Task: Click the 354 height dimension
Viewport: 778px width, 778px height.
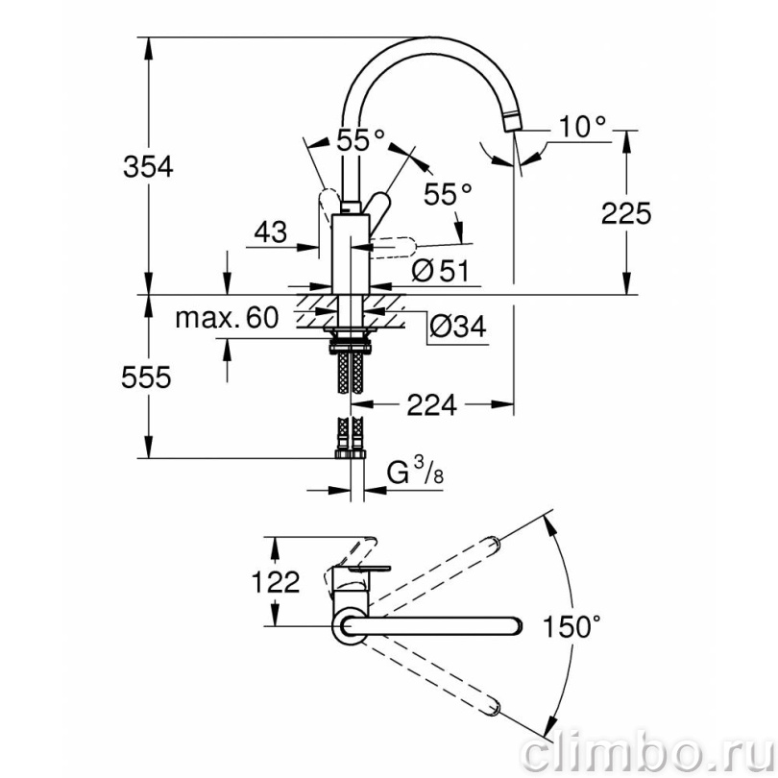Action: [148, 167]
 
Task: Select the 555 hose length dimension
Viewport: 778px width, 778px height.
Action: [146, 377]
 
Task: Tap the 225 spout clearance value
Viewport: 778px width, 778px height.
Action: [626, 214]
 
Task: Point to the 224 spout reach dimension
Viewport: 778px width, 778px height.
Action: [431, 405]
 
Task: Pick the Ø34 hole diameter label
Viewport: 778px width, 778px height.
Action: [458, 326]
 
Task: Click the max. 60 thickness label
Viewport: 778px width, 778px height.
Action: [227, 318]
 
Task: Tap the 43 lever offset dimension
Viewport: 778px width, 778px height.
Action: [271, 231]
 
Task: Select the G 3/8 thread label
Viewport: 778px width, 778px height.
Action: [415, 472]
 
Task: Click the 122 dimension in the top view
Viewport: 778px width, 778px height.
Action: [276, 581]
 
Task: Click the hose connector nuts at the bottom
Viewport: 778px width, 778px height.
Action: [351, 454]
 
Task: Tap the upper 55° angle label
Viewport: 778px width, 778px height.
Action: [361, 140]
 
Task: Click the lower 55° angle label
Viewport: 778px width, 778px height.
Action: [448, 194]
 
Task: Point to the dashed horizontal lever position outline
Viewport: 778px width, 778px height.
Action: [392, 247]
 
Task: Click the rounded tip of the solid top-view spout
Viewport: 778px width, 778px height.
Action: [516, 626]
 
